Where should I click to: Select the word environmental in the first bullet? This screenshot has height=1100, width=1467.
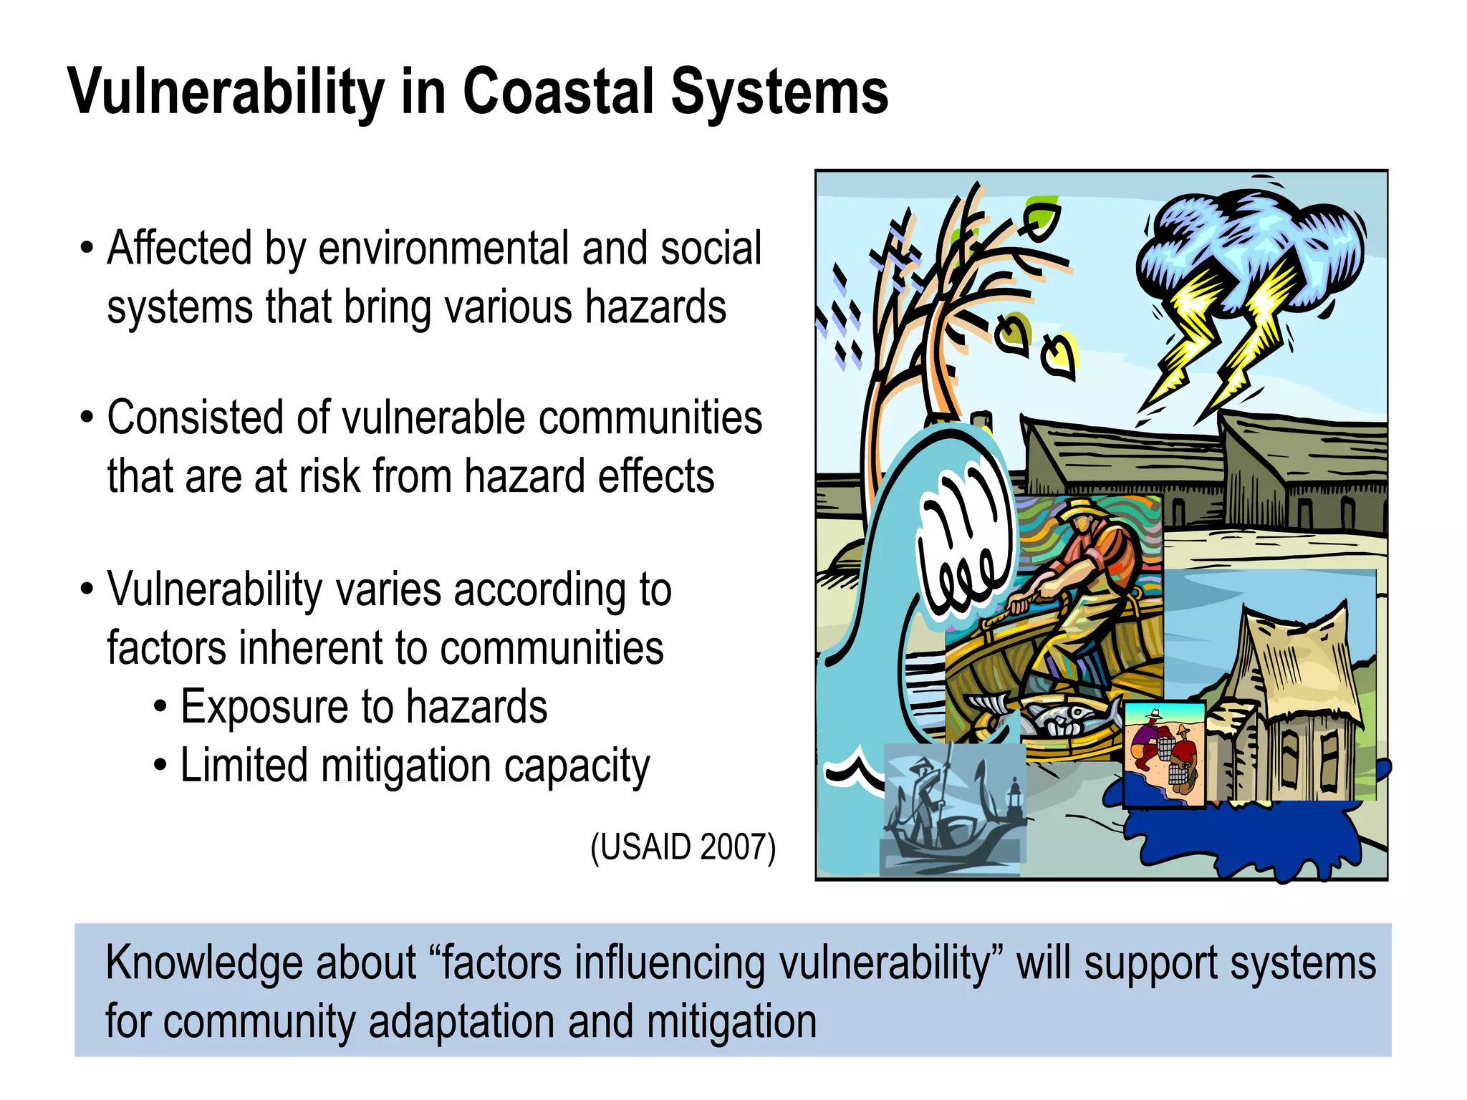coord(443,249)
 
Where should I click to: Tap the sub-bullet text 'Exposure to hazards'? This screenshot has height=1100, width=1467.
coord(363,707)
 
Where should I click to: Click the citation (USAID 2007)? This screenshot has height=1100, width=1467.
coord(683,847)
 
